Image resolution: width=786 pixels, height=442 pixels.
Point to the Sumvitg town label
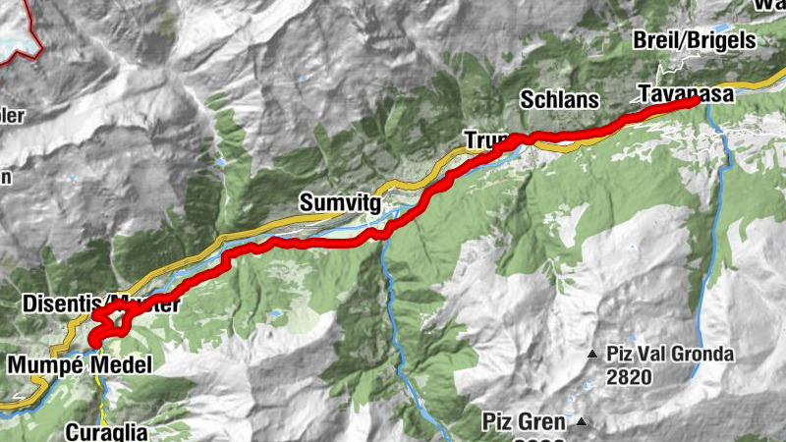tap(339, 203)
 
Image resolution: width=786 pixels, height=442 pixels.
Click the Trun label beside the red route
tap(483, 140)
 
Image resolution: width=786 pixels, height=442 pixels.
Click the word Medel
tap(122, 366)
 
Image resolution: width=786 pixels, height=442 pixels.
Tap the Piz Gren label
tap(523, 422)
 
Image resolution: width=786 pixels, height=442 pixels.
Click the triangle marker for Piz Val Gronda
tap(592, 354)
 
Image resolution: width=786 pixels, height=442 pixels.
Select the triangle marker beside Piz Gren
tap(582, 422)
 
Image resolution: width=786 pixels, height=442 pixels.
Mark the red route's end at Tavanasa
tap(695, 100)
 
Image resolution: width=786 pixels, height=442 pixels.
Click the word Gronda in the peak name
tap(702, 354)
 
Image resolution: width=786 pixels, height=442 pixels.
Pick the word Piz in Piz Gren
tap(496, 422)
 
